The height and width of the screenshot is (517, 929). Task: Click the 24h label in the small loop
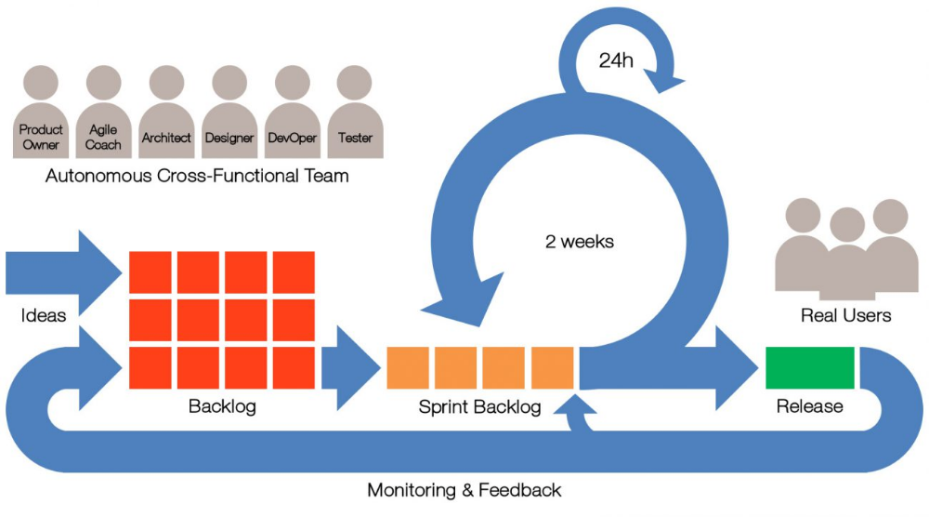[616, 60]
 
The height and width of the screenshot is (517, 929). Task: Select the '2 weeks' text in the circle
[580, 242]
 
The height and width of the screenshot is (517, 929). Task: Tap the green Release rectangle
[810, 367]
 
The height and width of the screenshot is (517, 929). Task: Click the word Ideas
[44, 315]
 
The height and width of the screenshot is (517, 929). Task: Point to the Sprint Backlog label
[479, 406]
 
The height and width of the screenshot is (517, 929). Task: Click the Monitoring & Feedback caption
[464, 490]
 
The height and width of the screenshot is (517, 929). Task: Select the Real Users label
[846, 315]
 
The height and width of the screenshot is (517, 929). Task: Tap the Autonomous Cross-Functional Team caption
[197, 176]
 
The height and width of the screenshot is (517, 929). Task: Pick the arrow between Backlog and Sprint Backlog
[351, 367]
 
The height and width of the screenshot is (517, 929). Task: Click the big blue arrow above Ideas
[64, 272]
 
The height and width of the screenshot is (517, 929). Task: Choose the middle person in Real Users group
[847, 255]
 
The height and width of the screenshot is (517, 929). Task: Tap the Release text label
[810, 406]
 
